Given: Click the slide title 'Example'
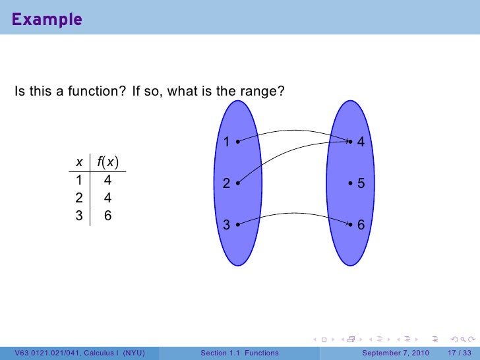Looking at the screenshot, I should tap(47, 20).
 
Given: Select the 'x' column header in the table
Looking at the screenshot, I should tap(79, 162).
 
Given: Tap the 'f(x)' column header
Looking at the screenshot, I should tap(107, 162).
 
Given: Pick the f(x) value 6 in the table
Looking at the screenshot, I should tap(107, 215).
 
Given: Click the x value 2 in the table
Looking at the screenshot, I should tap(79, 197).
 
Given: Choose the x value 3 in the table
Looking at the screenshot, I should tap(79, 215).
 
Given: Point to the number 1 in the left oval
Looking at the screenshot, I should tap(226, 142).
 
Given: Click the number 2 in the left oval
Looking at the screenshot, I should tap(226, 185).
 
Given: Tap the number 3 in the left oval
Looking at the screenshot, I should tap(226, 225).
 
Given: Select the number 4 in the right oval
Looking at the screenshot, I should tap(361, 142).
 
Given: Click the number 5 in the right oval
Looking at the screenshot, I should tap(361, 185).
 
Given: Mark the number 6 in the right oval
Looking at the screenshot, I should tap(361, 225).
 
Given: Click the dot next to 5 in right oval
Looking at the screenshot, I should tap(351, 185).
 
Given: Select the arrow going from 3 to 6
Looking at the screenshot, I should tap(293, 214).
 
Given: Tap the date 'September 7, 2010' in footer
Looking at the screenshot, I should tap(396, 353).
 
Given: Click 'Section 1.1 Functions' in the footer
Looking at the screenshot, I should tap(239, 353).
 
